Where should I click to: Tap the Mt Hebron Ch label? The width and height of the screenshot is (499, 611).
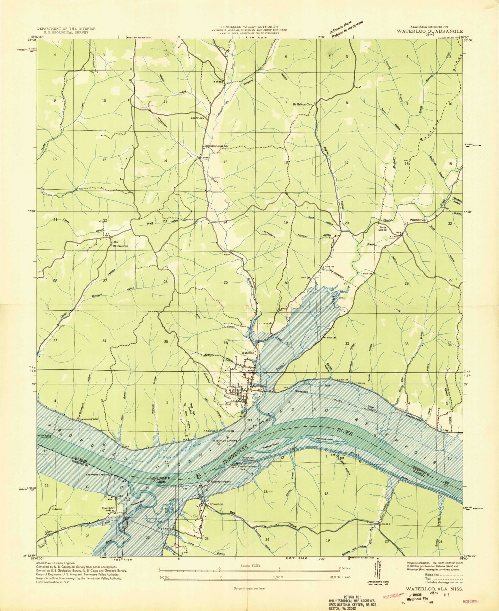pyautogui.click(x=301, y=104)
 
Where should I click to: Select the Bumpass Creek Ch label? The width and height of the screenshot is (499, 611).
pyautogui.click(x=216, y=146)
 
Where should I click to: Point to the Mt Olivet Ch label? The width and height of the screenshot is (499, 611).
pyautogui.click(x=120, y=246)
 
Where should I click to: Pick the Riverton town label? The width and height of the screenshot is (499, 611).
pyautogui.click(x=216, y=504)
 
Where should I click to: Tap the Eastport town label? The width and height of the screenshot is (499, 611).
pyautogui.click(x=108, y=508)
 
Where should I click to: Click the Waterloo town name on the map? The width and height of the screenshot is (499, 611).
pyautogui.click(x=248, y=353)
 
